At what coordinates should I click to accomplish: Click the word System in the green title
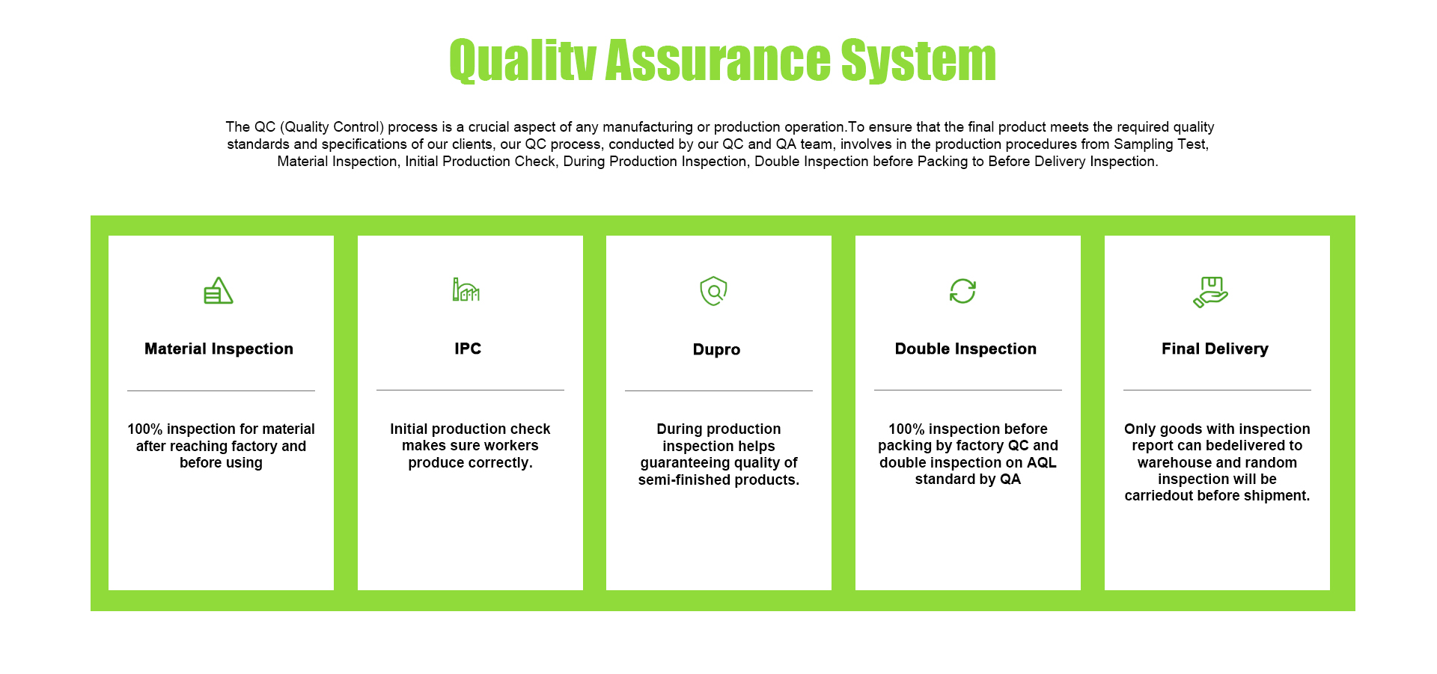[918, 61]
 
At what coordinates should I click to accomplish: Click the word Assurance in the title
[718, 60]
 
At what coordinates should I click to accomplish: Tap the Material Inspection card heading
[219, 349]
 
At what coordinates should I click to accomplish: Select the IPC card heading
[468, 349]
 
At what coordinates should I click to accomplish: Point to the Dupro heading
[716, 350]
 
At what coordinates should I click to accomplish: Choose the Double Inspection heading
[965, 349]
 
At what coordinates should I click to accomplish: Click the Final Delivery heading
[1215, 349]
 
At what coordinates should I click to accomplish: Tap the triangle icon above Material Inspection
[219, 290]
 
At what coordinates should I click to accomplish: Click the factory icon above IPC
[466, 289]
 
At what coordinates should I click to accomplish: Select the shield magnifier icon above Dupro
[713, 291]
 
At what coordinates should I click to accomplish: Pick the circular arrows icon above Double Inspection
[962, 291]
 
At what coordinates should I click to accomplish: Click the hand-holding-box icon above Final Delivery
[1210, 292]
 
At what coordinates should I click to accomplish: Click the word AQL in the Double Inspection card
[1042, 462]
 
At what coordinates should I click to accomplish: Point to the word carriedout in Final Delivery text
[1161, 496]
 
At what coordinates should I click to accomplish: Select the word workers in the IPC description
[513, 446]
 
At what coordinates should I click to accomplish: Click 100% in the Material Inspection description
[144, 429]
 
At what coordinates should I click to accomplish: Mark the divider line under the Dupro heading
[718, 390]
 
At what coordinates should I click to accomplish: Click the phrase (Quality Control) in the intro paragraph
[332, 127]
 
